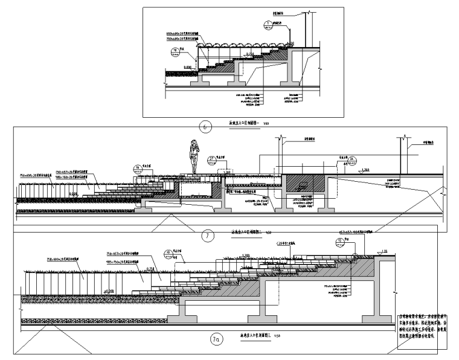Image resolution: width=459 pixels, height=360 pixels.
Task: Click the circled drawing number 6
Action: pyautogui.click(x=205, y=127)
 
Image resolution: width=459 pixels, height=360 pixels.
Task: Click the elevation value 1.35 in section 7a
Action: pyautogui.click(x=384, y=250)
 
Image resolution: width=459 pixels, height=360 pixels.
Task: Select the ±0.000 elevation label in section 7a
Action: pyautogui.click(x=109, y=292)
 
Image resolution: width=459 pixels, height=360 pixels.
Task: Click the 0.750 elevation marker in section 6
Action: pyautogui.click(x=249, y=54)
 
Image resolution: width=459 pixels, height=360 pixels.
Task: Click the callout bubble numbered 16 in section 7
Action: pyautogui.click(x=137, y=168)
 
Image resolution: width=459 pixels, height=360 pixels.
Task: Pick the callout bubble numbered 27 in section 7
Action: pyautogui.click(x=212, y=159)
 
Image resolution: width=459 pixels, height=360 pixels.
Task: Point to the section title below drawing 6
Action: pyautogui.click(x=248, y=121)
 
